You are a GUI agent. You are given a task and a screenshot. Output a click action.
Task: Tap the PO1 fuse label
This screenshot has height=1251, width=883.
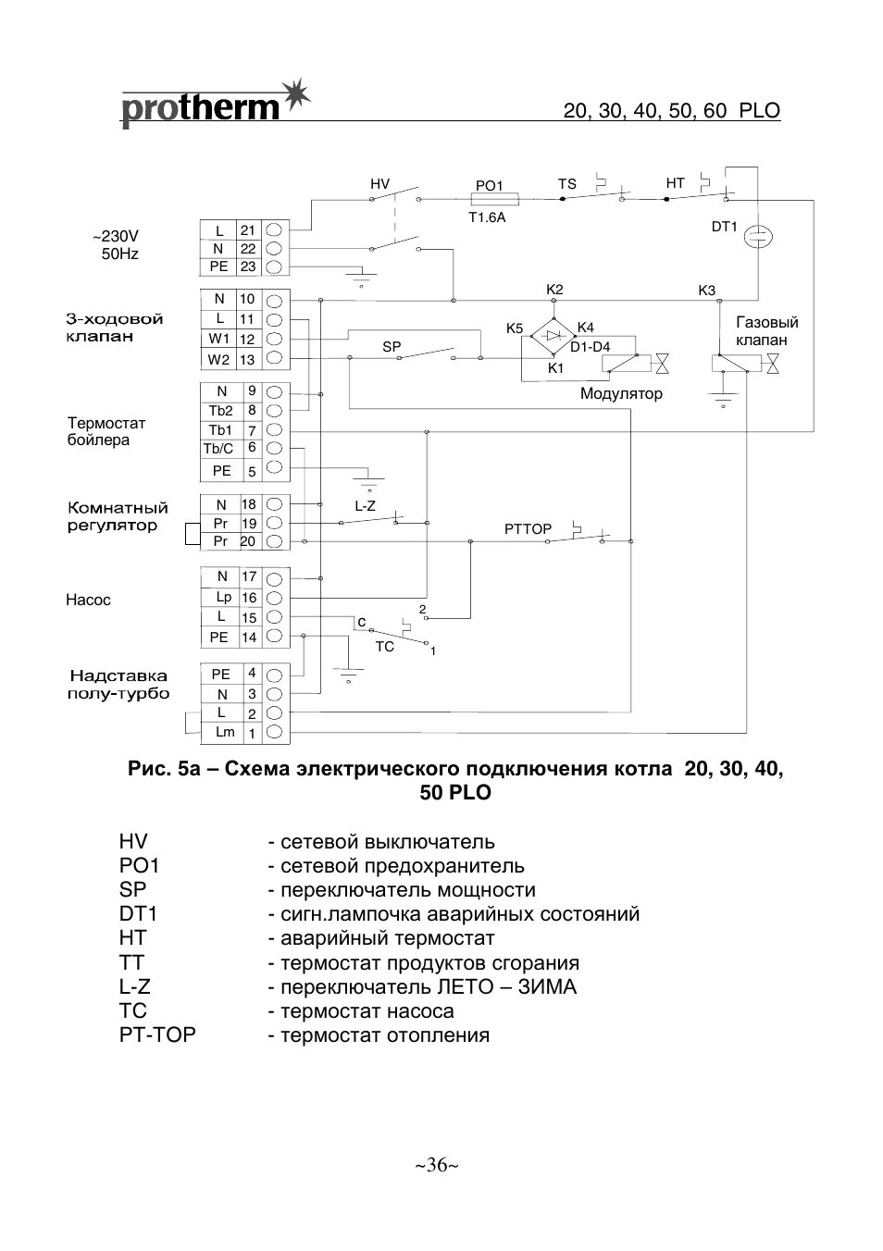click(x=489, y=185)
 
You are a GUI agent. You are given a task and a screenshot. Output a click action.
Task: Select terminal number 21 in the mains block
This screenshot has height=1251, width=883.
click(x=247, y=230)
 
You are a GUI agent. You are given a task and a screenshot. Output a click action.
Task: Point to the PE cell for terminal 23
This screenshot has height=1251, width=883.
click(x=218, y=266)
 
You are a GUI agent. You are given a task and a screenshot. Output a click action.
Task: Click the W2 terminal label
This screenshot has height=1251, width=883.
click(x=218, y=359)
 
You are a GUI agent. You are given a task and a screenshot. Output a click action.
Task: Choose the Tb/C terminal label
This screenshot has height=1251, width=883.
click(x=218, y=449)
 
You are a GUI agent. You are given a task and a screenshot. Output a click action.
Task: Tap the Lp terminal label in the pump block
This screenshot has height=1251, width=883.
click(x=222, y=597)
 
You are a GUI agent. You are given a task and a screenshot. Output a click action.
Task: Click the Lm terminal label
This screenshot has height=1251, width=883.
click(x=225, y=732)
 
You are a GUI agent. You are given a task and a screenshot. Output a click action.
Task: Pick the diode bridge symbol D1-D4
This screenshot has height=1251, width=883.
click(x=554, y=335)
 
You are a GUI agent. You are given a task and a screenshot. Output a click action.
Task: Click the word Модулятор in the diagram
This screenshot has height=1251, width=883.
click(x=621, y=394)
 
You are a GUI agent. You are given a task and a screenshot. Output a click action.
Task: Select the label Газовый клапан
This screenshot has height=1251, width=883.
click(x=767, y=331)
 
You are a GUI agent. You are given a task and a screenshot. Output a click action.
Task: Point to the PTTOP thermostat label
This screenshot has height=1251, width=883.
click(x=528, y=529)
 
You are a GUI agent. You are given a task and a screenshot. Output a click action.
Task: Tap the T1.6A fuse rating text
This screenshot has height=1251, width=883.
click(x=487, y=217)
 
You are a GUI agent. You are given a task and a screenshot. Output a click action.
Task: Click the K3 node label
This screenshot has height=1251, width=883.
click(x=706, y=291)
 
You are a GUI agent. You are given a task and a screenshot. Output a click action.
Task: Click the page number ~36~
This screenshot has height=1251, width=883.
click(x=437, y=1164)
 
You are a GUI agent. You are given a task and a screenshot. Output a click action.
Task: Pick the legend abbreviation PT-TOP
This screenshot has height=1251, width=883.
click(x=157, y=1034)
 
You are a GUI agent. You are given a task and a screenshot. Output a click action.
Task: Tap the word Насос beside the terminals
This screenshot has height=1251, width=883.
click(x=88, y=600)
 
